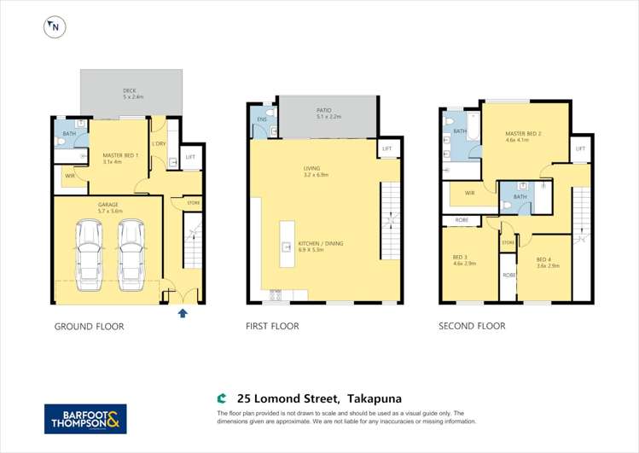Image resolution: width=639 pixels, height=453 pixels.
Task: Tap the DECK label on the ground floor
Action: point(130,90)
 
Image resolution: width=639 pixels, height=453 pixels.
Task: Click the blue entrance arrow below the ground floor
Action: point(181,313)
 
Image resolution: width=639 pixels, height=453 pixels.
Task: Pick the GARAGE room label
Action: point(107,206)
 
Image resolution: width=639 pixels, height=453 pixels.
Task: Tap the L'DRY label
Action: point(159,143)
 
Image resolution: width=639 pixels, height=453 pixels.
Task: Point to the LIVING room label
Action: point(311,169)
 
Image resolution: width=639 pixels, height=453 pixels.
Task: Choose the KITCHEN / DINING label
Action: point(321,244)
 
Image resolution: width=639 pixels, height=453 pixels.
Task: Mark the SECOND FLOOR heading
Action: point(472,327)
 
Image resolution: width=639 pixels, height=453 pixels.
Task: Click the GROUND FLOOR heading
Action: point(90,327)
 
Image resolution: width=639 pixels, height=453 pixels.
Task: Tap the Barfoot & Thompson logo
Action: point(85,419)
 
